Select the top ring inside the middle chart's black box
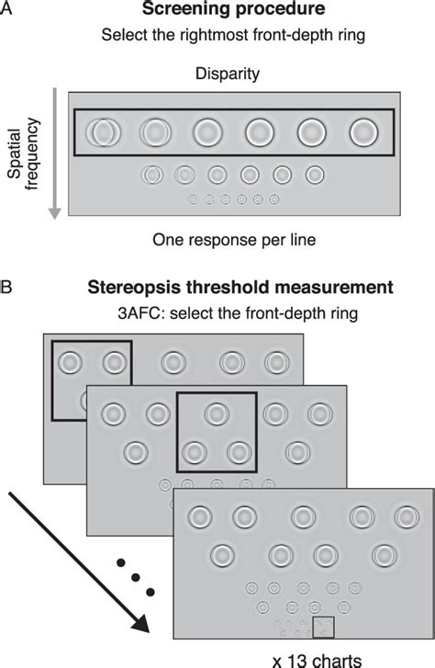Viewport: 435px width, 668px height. [217, 413]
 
